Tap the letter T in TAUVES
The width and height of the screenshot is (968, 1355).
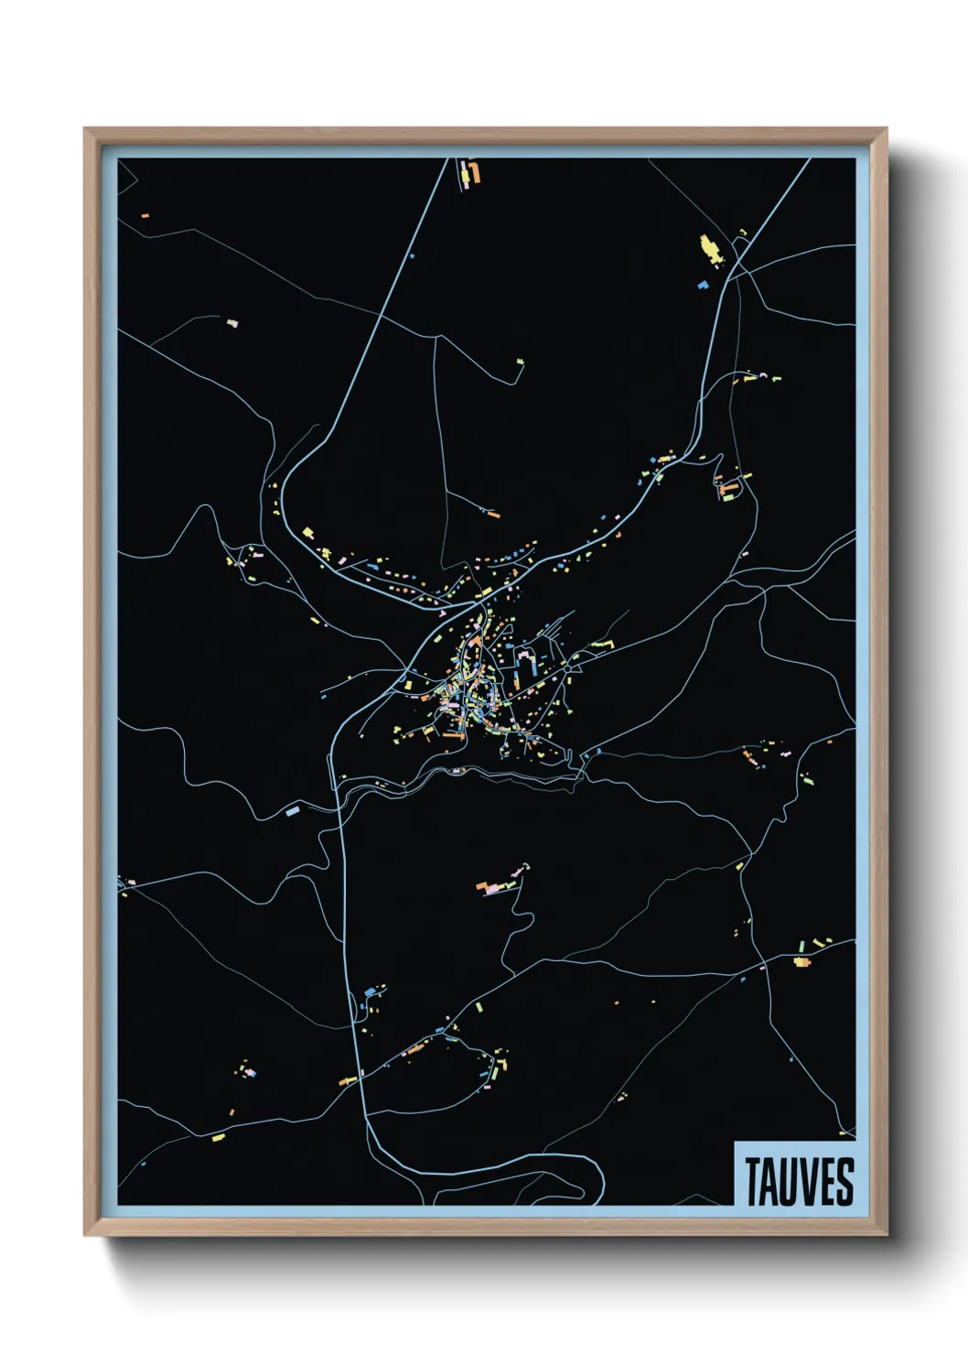pyautogui.click(x=752, y=1181)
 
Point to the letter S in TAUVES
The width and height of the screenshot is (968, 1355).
pyautogui.click(x=844, y=1181)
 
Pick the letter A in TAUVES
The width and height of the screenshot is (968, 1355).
pyautogui.click(x=769, y=1181)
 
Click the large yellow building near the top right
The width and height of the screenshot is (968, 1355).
pyautogui.click(x=709, y=246)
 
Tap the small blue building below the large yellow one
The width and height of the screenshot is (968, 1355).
pyautogui.click(x=703, y=285)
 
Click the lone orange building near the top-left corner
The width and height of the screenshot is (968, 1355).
pyautogui.click(x=145, y=216)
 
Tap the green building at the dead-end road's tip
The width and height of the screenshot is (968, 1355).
pyautogui.click(x=521, y=363)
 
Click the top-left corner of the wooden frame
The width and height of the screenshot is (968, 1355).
pyautogui.click(x=86, y=130)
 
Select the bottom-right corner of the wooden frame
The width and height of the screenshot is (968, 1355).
pyautogui.click(x=885, y=1233)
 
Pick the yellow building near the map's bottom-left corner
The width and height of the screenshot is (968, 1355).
pyautogui.click(x=218, y=1137)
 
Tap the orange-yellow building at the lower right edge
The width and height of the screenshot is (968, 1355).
pyautogui.click(x=801, y=960)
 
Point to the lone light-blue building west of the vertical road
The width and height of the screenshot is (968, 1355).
pyautogui.click(x=293, y=811)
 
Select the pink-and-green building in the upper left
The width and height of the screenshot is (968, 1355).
pyautogui.click(x=231, y=322)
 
